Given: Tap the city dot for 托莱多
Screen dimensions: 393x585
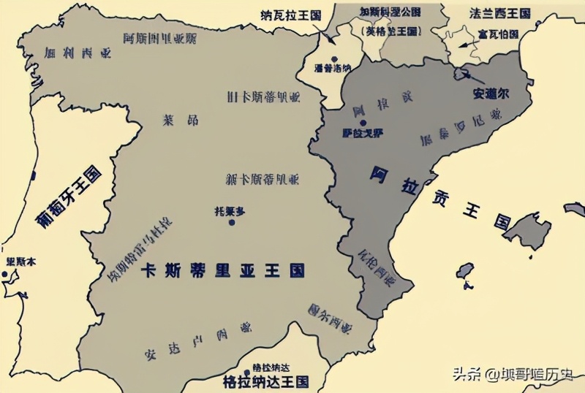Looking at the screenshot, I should tap(232, 222).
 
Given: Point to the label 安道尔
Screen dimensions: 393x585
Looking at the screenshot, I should tap(489, 94).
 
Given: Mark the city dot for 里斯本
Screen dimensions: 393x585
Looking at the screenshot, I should tap(4, 275).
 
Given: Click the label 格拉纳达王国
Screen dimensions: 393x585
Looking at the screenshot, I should tap(265, 381).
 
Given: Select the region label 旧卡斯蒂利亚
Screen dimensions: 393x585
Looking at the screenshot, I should tap(263, 97).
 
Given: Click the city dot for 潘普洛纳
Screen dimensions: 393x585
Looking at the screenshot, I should tap(333, 59).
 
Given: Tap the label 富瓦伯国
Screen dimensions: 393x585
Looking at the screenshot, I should tap(498, 34).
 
